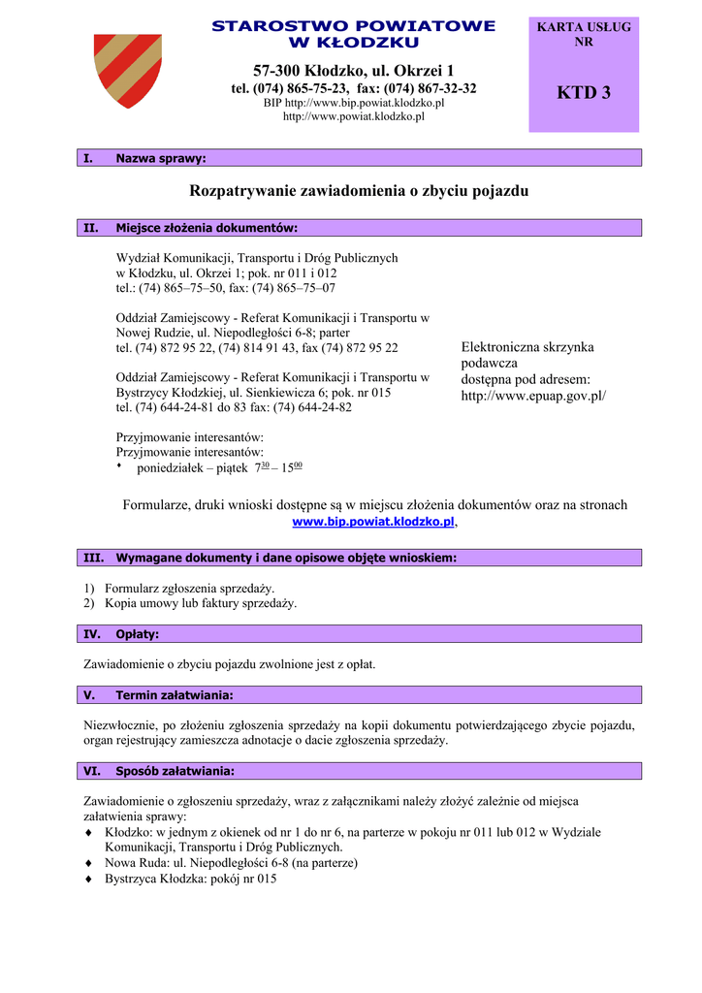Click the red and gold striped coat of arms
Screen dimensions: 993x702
(x=128, y=71)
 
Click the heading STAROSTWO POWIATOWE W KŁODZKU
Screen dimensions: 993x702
(x=353, y=34)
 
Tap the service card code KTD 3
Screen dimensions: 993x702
(x=584, y=93)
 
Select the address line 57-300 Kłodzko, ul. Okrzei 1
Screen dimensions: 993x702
(x=353, y=71)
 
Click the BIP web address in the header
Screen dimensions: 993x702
(x=353, y=103)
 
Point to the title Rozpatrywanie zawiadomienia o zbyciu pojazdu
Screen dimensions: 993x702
(x=359, y=191)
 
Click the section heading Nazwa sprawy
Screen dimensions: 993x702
(x=160, y=158)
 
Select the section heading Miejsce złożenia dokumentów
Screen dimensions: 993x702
(x=206, y=228)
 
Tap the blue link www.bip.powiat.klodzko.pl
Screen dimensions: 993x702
(x=373, y=522)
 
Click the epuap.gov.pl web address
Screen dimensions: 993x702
(x=533, y=396)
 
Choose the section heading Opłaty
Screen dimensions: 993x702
(x=137, y=634)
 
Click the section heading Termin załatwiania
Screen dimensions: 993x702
(x=174, y=695)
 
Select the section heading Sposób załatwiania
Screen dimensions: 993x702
(x=175, y=772)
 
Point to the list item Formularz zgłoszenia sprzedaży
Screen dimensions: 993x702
(x=189, y=588)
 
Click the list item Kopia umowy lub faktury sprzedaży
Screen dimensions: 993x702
(x=200, y=603)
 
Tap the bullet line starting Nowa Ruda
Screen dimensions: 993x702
(x=231, y=862)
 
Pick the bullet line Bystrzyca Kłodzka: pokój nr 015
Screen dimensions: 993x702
(x=190, y=879)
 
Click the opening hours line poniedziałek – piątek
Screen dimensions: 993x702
(x=219, y=467)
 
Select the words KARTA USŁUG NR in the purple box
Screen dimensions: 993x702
(x=584, y=35)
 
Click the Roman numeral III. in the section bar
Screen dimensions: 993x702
(x=93, y=558)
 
